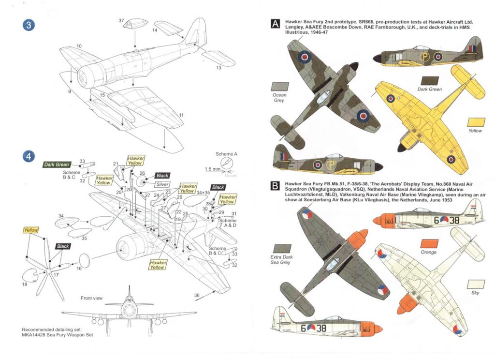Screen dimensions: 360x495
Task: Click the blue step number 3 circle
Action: point(29,26)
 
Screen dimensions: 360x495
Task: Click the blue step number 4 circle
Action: point(29,157)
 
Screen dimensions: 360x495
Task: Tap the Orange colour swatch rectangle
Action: point(429,244)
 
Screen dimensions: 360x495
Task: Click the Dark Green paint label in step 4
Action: point(57,165)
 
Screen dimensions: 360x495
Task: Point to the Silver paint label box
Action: point(162,184)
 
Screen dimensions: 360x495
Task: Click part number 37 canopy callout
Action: point(121,20)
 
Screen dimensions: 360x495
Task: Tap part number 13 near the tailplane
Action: point(218,67)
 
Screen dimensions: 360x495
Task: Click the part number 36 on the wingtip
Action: point(196,294)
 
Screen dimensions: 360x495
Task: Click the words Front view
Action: point(92,298)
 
